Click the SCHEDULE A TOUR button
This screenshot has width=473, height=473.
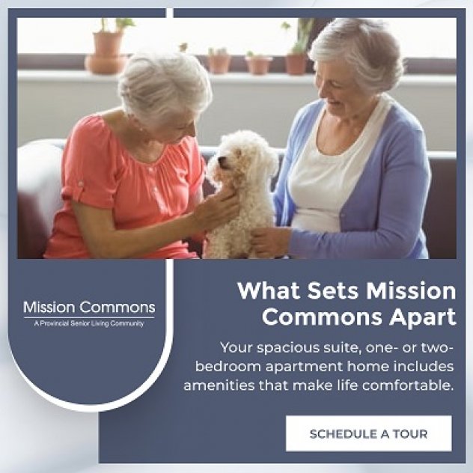369,433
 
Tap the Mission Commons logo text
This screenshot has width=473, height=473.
89,308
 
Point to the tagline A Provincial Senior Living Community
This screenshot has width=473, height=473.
89,323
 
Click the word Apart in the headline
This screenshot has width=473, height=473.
422,317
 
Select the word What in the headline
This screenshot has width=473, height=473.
269,291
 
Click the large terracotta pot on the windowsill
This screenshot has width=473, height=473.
106,54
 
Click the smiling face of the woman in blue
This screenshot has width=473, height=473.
338,91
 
